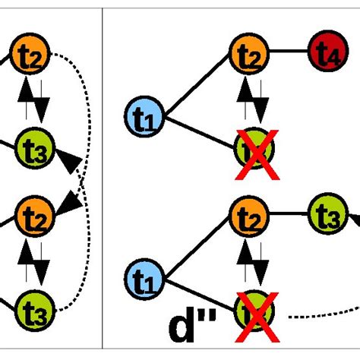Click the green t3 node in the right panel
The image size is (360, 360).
click(x=324, y=218)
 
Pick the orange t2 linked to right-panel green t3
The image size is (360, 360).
click(x=247, y=218)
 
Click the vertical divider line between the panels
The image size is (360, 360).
click(x=103, y=180)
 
